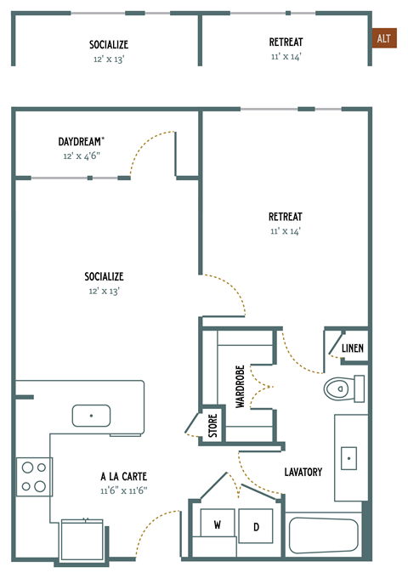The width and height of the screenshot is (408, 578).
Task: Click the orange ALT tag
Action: click(384, 39)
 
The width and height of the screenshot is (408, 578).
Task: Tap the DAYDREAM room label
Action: click(82, 141)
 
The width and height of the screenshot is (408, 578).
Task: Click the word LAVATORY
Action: click(303, 472)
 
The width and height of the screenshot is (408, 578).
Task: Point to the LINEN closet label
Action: click(352, 348)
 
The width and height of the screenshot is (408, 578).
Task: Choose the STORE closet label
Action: click(213, 425)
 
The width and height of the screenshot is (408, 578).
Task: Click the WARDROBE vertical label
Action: click(240, 388)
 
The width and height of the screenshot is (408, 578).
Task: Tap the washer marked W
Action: click(218, 525)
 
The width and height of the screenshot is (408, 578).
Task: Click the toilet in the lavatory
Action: click(341, 389)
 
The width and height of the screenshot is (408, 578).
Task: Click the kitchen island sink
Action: click(91, 416)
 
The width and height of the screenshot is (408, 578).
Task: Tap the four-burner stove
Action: click(34, 477)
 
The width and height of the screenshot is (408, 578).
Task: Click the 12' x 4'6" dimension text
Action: click(82, 156)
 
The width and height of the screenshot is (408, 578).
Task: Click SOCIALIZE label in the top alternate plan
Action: click(108, 44)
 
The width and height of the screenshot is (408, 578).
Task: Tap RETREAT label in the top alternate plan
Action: click(286, 42)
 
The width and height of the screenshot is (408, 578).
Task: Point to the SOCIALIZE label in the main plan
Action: click(105, 276)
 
